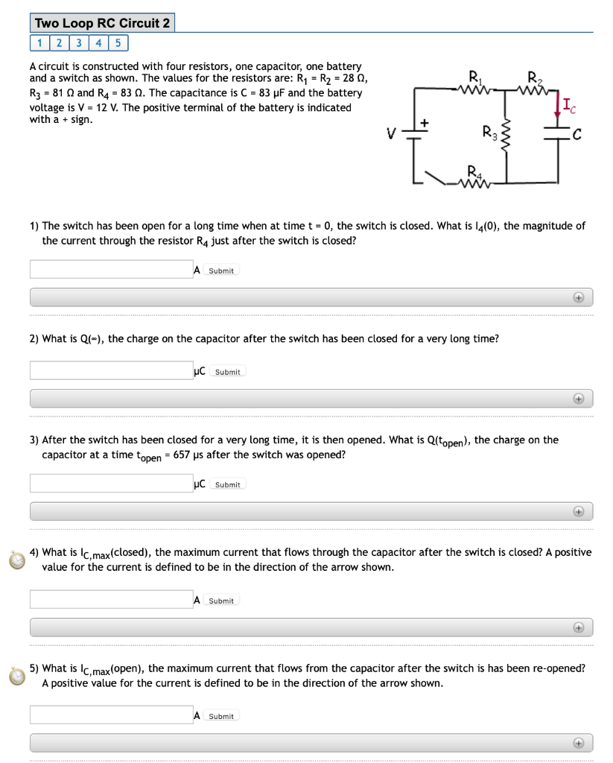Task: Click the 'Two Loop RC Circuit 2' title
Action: tap(103, 23)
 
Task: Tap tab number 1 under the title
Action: tap(39, 42)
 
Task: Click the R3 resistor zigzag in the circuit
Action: tap(506, 136)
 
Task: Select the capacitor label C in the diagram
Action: tap(575, 136)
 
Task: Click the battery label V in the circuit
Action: tap(390, 136)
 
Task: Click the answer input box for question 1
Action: tap(110, 269)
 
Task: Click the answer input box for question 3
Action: tap(110, 483)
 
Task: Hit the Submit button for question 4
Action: tap(221, 601)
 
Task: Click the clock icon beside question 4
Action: tap(16, 560)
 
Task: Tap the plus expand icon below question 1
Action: tap(578, 297)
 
